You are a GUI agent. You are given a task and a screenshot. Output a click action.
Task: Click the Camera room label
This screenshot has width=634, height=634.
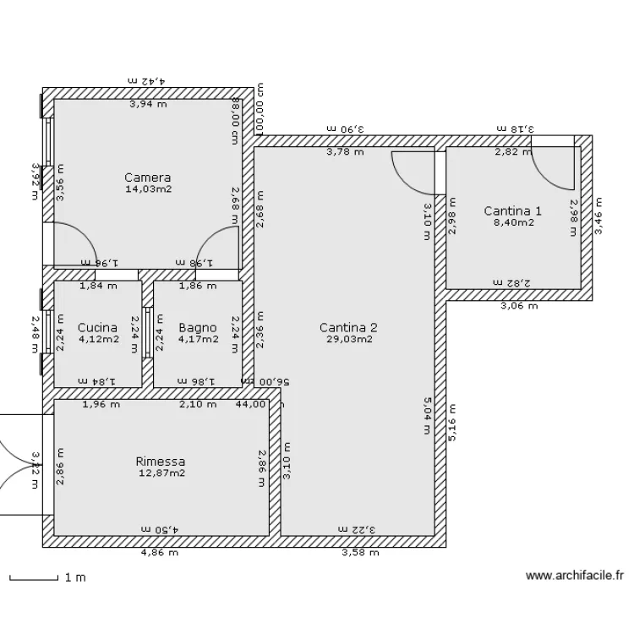click(x=147, y=178)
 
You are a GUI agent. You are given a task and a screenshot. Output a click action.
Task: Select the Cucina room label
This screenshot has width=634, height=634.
click(x=97, y=328)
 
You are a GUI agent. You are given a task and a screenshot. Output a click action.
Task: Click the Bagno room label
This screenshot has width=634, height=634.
click(x=198, y=328)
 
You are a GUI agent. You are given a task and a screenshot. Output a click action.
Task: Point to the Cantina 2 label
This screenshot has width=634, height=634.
click(x=348, y=328)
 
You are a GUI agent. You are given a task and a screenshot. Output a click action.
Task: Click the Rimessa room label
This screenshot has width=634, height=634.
click(x=160, y=462)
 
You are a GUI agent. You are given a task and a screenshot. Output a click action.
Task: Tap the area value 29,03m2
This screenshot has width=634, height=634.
click(x=348, y=339)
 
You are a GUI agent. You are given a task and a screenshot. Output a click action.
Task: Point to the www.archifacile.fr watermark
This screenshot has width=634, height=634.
click(x=574, y=577)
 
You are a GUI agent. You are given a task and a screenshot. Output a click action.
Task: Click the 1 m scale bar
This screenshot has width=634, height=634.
click(x=34, y=579)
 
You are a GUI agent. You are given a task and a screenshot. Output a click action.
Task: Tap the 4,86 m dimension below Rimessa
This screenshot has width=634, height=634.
click(x=159, y=554)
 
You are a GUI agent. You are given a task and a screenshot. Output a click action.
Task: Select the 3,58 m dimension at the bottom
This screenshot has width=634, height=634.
click(x=359, y=554)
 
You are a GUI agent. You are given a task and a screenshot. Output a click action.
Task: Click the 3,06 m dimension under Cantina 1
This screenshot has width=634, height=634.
click(x=518, y=307)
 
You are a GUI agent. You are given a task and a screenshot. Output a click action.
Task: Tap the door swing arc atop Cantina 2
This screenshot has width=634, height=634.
click(x=410, y=173)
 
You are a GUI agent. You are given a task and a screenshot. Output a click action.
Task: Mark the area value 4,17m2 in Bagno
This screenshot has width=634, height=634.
click(x=198, y=340)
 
